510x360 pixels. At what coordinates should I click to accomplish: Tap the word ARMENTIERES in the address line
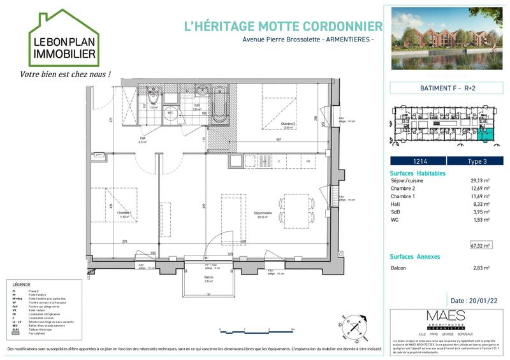click(x=349, y=40)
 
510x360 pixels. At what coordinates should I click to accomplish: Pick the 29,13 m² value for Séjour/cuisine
click(x=480, y=181)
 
